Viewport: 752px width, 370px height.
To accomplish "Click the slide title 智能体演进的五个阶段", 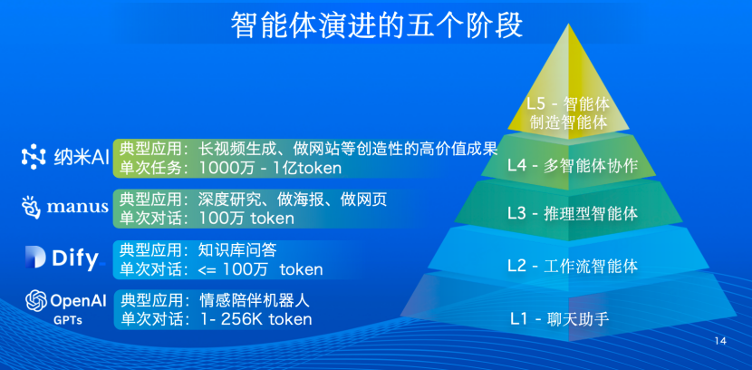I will (376, 24).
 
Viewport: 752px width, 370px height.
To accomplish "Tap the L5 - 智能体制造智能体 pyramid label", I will (568, 113).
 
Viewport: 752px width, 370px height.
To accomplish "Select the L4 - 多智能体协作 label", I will (572, 166).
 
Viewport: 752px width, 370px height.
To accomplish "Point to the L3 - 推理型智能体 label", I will (572, 215).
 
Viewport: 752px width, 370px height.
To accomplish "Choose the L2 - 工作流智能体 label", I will (572, 266).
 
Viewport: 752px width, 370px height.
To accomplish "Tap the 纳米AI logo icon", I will (34, 157).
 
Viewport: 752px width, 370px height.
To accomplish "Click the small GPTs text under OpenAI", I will (69, 320).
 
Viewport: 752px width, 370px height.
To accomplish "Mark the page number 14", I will (720, 341).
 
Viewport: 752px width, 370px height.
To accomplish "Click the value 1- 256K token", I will (255, 319).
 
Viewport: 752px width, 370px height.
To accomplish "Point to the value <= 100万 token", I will (261, 269).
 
